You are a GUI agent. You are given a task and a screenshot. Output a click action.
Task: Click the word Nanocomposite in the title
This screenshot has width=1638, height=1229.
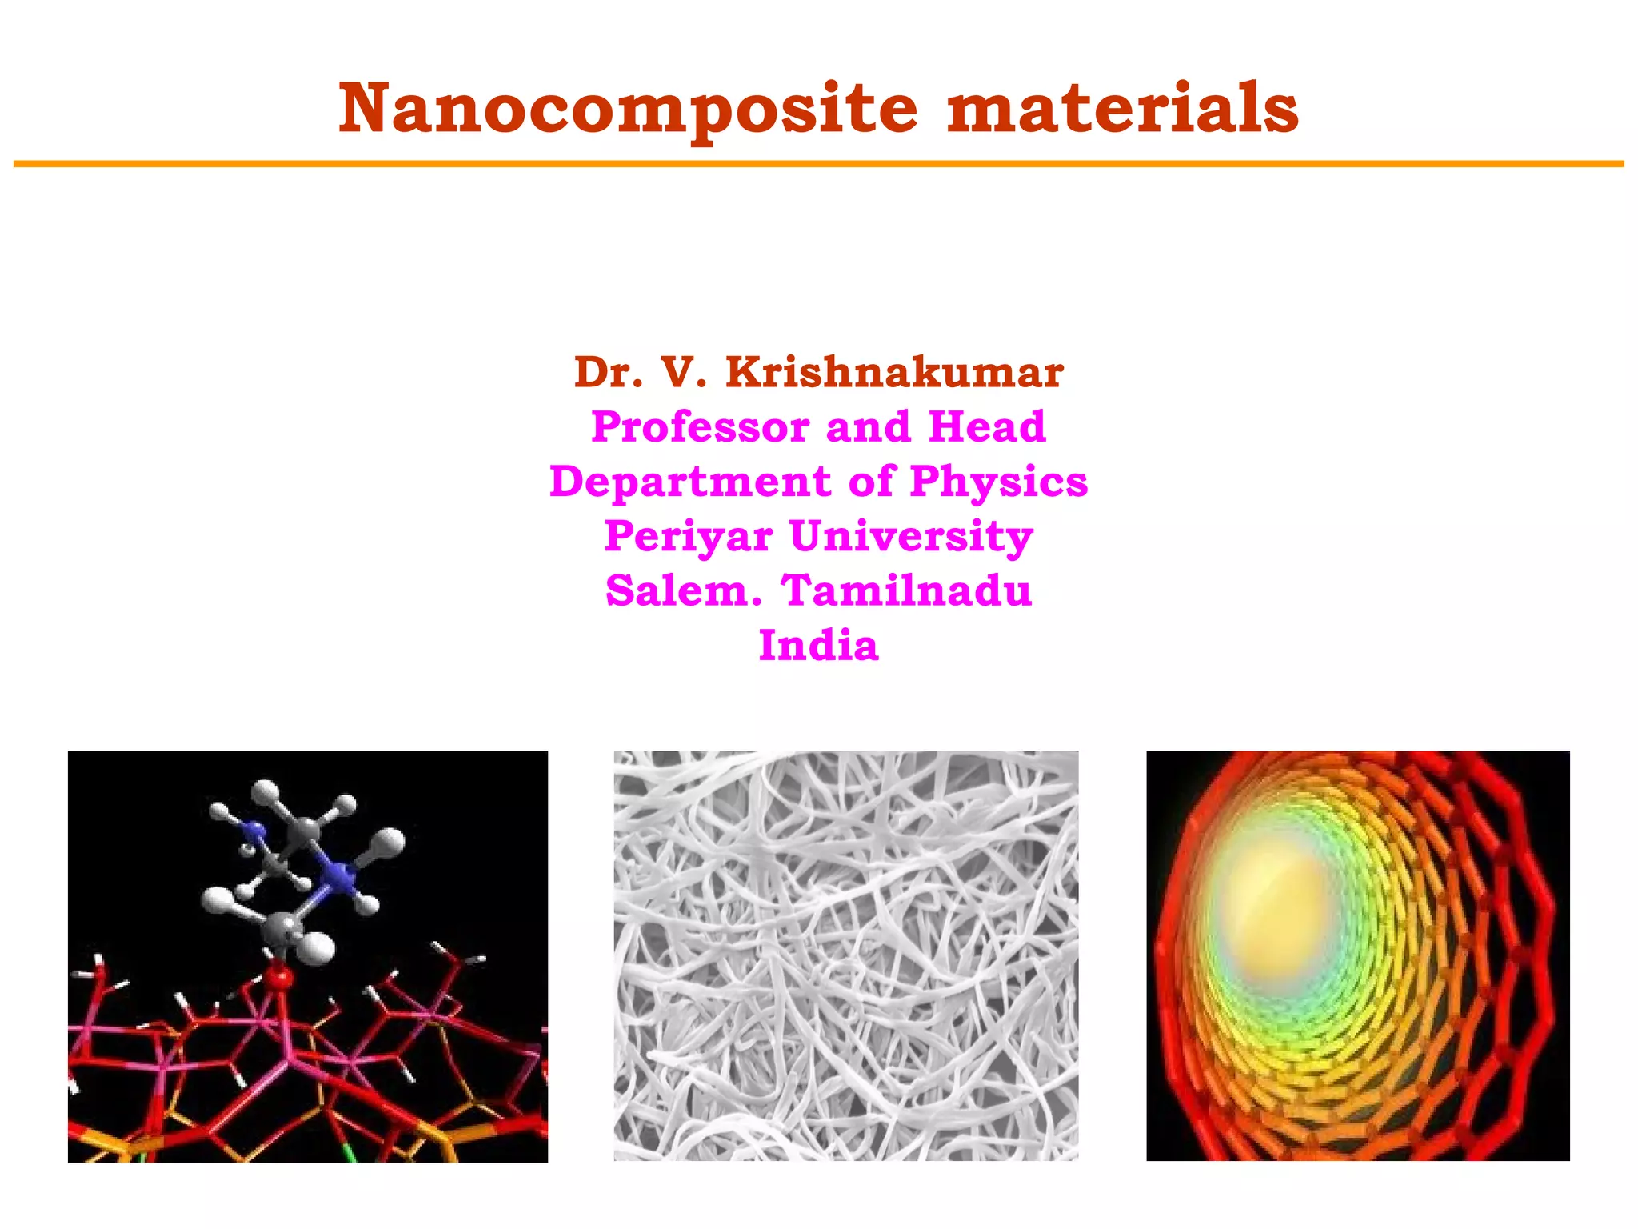[x=628, y=110]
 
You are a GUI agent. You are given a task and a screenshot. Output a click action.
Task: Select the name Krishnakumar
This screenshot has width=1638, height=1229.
[x=894, y=373]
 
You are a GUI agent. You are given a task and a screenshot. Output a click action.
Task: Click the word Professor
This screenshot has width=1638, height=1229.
[x=700, y=426]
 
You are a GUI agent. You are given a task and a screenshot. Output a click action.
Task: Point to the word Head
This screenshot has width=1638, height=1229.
[x=987, y=426]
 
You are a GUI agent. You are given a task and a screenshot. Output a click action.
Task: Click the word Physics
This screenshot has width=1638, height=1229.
[x=999, y=482]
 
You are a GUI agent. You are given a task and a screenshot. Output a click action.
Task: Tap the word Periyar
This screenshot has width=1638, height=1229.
[x=689, y=536]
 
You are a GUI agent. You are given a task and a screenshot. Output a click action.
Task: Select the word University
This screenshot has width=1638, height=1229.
[x=911, y=536]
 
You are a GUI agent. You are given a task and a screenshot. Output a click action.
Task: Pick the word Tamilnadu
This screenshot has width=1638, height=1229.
[x=907, y=590]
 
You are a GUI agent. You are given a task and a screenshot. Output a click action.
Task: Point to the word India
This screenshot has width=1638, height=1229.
[x=818, y=645]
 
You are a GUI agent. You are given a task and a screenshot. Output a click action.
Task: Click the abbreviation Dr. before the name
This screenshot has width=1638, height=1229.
[x=609, y=373]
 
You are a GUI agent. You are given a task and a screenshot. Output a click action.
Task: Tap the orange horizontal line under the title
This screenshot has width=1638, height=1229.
[x=818, y=164]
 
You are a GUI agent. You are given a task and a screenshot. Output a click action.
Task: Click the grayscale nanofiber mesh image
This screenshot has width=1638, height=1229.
[x=845, y=955]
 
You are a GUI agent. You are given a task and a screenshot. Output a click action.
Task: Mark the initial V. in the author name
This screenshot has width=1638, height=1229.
[x=685, y=373]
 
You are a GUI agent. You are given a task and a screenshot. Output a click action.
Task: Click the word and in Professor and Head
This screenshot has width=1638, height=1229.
[x=867, y=426]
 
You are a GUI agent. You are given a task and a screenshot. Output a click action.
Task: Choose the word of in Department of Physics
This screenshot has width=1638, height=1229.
[x=870, y=482]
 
